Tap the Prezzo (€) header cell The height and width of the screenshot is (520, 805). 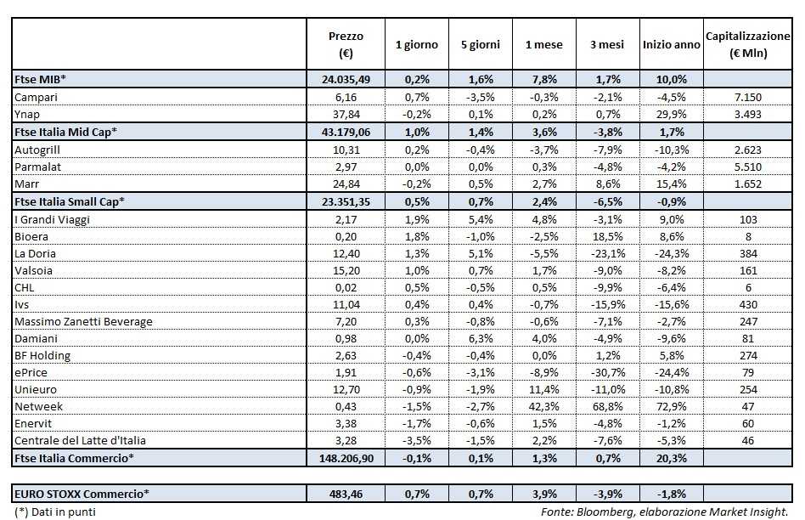tap(346, 44)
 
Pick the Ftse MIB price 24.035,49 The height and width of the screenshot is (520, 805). tap(346, 79)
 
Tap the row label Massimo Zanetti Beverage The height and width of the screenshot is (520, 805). tap(83, 321)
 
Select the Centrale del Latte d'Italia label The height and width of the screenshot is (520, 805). tap(81, 441)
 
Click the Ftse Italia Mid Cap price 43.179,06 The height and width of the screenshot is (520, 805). tap(346, 132)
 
